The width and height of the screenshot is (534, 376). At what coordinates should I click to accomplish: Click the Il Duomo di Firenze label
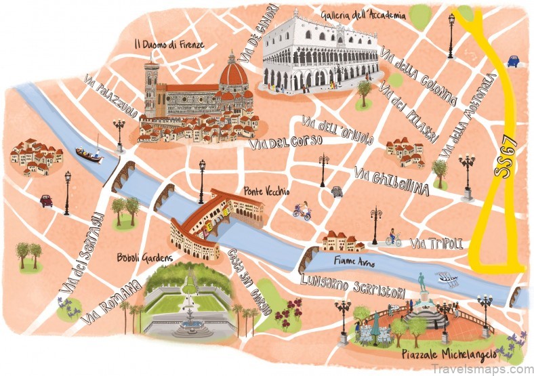170,45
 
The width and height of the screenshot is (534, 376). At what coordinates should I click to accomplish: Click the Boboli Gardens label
144,257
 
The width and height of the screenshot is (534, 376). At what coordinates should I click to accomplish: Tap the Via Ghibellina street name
391,181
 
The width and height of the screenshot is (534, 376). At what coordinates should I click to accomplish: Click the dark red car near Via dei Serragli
46,201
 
